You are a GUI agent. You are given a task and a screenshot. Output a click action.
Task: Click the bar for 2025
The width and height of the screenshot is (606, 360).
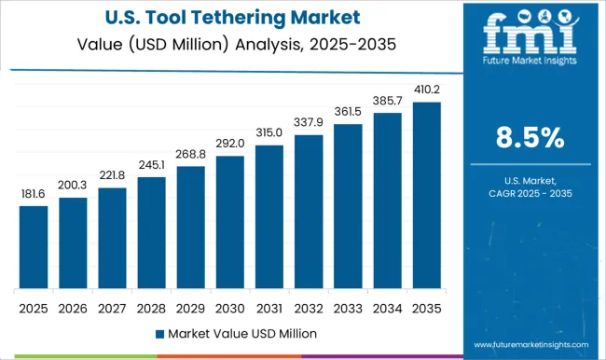(x=34, y=247)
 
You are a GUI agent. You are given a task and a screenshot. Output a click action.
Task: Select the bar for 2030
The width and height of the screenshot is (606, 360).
(x=230, y=222)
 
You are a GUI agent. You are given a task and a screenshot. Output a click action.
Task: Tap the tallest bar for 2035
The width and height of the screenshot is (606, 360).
(x=426, y=195)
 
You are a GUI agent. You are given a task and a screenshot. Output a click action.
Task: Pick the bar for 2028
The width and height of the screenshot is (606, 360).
(x=151, y=232)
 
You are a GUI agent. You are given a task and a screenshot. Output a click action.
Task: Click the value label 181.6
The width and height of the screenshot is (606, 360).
(x=34, y=194)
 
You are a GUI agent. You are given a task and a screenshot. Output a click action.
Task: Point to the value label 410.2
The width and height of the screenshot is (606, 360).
(x=426, y=90)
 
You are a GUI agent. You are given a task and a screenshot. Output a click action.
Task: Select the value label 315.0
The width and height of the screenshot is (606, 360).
(x=269, y=133)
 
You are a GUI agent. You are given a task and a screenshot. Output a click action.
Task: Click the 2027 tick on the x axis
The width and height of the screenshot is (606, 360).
(x=112, y=307)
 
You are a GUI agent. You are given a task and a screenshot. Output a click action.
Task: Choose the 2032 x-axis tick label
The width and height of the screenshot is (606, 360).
(x=309, y=307)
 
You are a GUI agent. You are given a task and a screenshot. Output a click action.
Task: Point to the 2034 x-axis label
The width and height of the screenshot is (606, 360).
(x=387, y=307)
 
